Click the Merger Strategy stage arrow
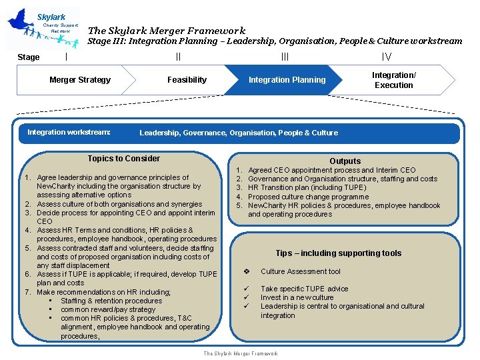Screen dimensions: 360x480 [x=80, y=80]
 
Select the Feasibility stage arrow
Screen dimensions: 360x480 [x=187, y=80]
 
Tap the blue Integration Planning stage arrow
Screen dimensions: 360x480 [x=287, y=80]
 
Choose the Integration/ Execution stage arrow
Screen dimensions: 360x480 [x=393, y=80]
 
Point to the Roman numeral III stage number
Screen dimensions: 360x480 [x=285, y=57]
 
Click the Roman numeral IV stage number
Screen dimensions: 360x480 [x=386, y=57]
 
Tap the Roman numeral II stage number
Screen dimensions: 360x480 [x=178, y=57]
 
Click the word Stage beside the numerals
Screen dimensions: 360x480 [x=28, y=57]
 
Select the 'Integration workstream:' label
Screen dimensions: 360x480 [x=69, y=132]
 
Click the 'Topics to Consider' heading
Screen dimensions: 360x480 [x=124, y=159]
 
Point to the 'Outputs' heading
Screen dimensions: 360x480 [x=345, y=161]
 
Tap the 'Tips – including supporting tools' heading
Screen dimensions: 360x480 [x=339, y=253]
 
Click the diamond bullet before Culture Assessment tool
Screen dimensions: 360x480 [x=247, y=271]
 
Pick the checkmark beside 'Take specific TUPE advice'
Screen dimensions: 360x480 [x=247, y=289]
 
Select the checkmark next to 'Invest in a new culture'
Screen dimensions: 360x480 [x=247, y=297]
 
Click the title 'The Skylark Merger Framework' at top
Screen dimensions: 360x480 [x=167, y=31]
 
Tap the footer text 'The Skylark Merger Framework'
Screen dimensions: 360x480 [x=241, y=353]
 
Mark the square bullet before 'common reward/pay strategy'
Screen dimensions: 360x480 [x=51, y=309]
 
